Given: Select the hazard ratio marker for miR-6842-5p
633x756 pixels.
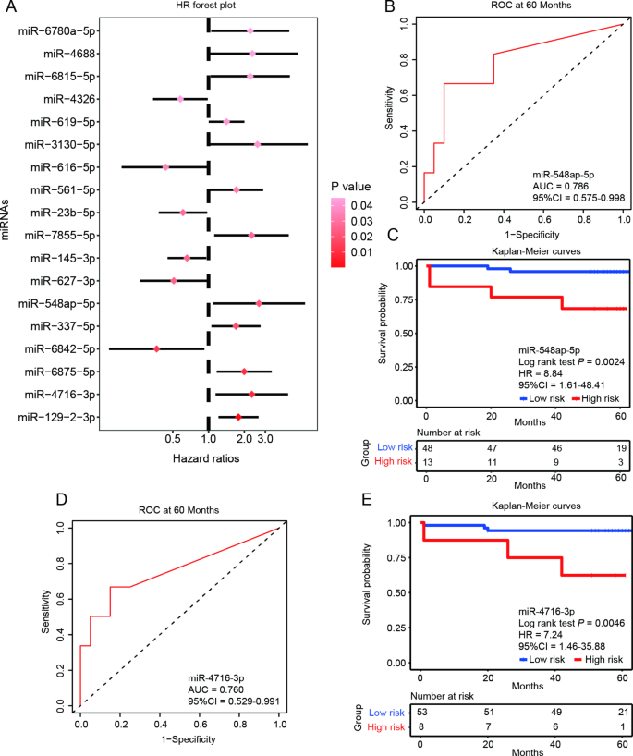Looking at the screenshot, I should (157, 348).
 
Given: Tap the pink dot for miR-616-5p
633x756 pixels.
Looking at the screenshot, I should (165, 167).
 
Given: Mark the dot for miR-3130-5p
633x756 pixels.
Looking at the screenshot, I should (257, 144).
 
